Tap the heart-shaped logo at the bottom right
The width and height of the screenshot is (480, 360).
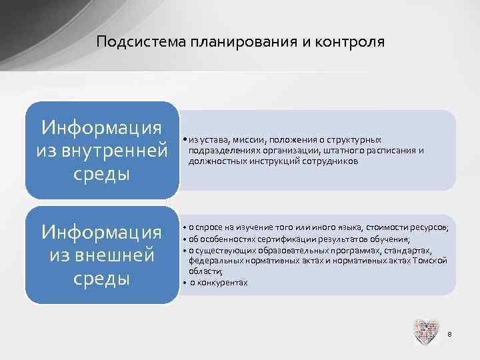click(426, 332)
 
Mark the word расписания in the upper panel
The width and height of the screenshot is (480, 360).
click(393, 151)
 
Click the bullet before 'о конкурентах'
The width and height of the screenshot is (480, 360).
click(183, 282)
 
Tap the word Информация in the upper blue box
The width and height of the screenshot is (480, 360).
click(101, 127)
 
